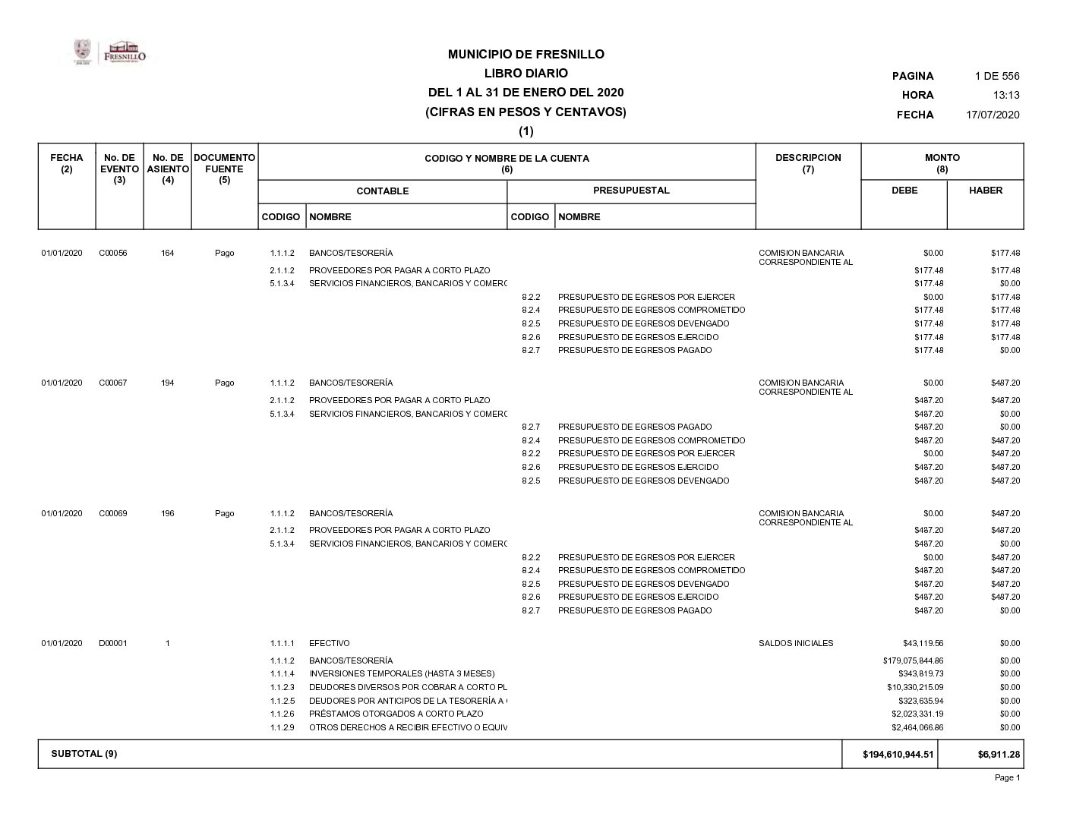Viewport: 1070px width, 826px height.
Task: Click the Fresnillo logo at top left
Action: tap(110, 53)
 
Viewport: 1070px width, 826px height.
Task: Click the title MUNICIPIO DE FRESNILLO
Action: tap(526, 55)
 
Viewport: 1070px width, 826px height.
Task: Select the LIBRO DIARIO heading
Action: tap(526, 74)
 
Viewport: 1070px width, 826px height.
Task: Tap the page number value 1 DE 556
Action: tap(996, 76)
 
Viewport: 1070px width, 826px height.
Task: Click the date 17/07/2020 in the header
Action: tap(992, 115)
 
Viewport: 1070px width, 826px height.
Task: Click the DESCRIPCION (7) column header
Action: tap(808, 163)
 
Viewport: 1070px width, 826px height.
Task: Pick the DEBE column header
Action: tap(904, 191)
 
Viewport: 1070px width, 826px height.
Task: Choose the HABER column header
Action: tap(985, 191)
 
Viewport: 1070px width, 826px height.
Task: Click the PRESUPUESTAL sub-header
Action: tap(631, 191)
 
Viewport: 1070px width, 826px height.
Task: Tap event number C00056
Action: tap(113, 254)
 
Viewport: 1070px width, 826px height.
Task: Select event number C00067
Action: tap(113, 383)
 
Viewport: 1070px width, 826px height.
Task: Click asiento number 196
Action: tap(167, 514)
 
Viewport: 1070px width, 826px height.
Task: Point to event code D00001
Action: tap(113, 644)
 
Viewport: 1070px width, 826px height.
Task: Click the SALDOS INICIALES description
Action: tap(795, 644)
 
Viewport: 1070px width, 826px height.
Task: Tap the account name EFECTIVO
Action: tap(329, 644)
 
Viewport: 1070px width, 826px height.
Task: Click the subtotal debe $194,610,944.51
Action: tap(898, 755)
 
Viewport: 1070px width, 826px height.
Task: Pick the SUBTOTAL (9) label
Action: tap(84, 754)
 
